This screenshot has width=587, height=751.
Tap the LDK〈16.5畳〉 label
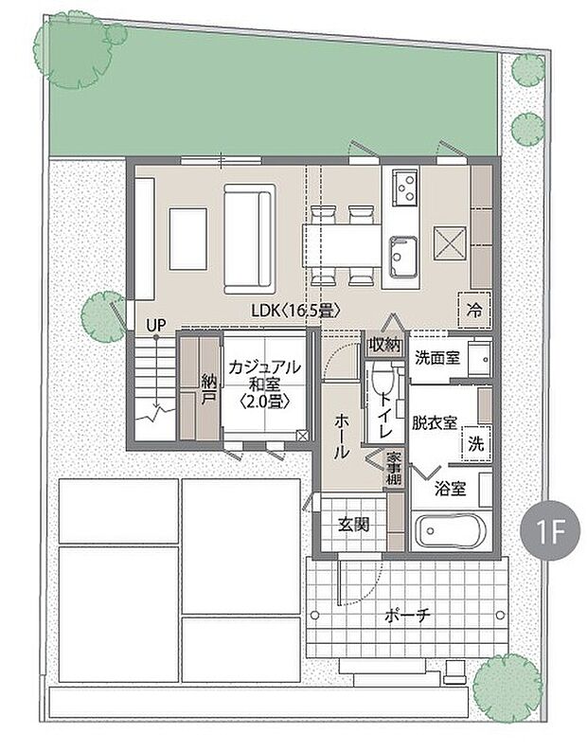(x=296, y=311)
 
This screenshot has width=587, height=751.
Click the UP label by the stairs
(x=156, y=326)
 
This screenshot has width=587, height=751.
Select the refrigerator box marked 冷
(x=474, y=310)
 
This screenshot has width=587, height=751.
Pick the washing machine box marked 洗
(x=476, y=444)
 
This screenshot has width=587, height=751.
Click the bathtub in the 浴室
(x=451, y=531)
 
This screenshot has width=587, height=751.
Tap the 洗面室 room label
(x=437, y=358)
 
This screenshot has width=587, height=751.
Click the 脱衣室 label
(x=435, y=423)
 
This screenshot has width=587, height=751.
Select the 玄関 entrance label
(x=354, y=525)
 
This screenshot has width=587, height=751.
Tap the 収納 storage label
(x=385, y=345)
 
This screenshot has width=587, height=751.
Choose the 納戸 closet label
(x=209, y=389)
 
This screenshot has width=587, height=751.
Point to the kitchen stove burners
(x=404, y=187)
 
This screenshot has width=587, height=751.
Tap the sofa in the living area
(x=250, y=239)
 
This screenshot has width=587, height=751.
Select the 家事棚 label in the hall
(x=395, y=468)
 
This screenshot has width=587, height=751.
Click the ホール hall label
(x=341, y=437)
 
